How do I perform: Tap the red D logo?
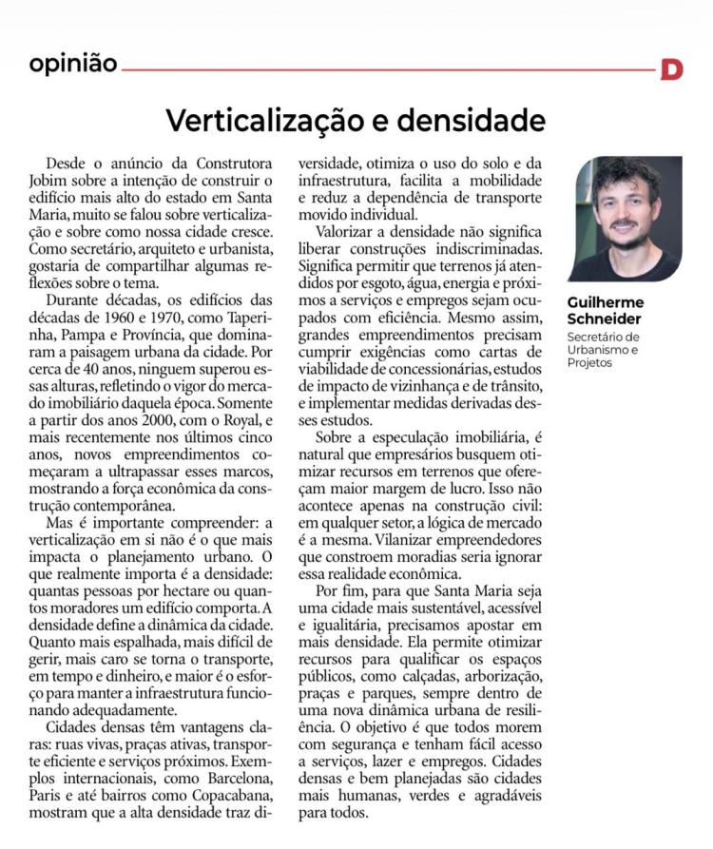point(672,69)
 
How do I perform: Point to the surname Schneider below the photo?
point(607,319)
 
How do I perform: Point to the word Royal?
point(221,420)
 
